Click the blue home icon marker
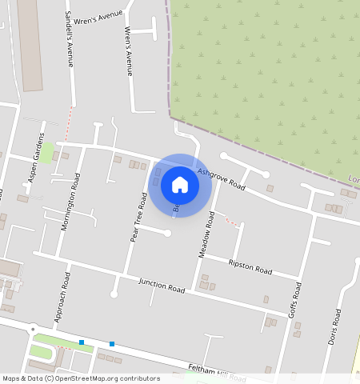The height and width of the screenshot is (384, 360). tap(180, 185)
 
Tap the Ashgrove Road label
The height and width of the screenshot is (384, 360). tap(221, 178)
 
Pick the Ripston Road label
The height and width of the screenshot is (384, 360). tap(250, 266)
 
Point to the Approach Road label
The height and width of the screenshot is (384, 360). tap(62, 297)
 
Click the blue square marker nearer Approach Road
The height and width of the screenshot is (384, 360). tap(82, 342)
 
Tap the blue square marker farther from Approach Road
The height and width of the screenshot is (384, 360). tap(111, 344)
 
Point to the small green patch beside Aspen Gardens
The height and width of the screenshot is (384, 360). tap(48, 151)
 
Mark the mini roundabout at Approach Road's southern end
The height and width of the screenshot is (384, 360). tap(33, 329)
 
